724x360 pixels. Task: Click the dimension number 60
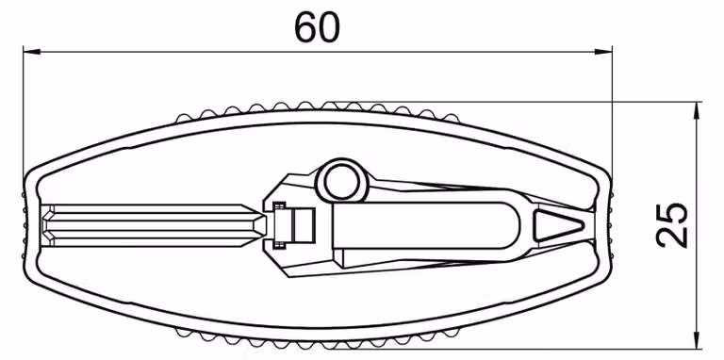(x=317, y=27)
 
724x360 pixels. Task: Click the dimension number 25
(x=672, y=225)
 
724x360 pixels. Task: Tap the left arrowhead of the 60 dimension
(x=31, y=51)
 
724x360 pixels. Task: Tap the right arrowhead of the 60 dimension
(x=603, y=51)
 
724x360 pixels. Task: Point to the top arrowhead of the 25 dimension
(x=696, y=111)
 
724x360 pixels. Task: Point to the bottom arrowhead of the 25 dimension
(x=696, y=340)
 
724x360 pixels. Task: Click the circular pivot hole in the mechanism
(x=341, y=182)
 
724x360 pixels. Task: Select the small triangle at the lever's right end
(x=558, y=225)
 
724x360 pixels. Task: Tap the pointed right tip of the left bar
(x=265, y=225)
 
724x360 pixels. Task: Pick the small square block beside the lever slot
(x=304, y=225)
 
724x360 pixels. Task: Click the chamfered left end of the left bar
(x=47, y=225)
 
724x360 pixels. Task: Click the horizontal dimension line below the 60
(x=317, y=51)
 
